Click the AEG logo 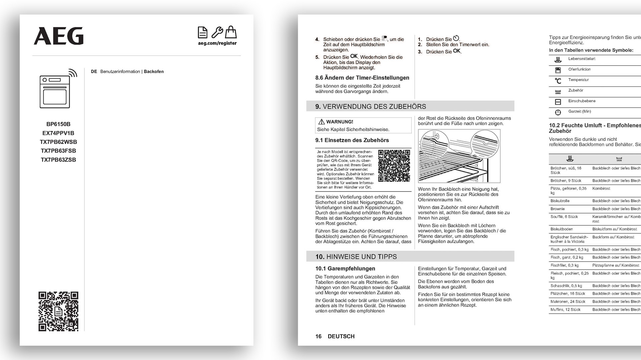tap(59, 36)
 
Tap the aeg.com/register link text tap(217, 43)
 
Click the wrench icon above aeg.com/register tap(217, 32)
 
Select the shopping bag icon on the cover tap(231, 32)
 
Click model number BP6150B tap(58, 124)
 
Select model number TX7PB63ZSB tap(58, 160)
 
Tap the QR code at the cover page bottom tap(58, 311)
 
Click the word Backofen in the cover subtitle tap(154, 71)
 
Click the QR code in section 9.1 tap(394, 165)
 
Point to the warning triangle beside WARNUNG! tap(322, 122)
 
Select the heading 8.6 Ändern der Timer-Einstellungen tap(362, 78)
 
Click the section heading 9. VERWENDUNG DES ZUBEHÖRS tap(371, 106)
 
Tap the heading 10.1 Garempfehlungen tap(345, 269)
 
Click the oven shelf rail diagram tap(459, 156)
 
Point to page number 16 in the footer tap(318, 336)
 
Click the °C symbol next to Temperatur tap(558, 81)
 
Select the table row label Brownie tap(558, 209)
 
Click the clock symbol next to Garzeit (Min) tap(558, 112)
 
